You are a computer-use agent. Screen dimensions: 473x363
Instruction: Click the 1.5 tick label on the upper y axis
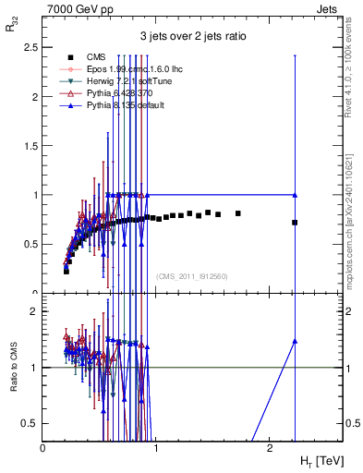[29, 146]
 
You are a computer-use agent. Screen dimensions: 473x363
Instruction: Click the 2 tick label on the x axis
[268, 447]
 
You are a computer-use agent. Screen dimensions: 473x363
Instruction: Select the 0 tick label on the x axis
[43, 447]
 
